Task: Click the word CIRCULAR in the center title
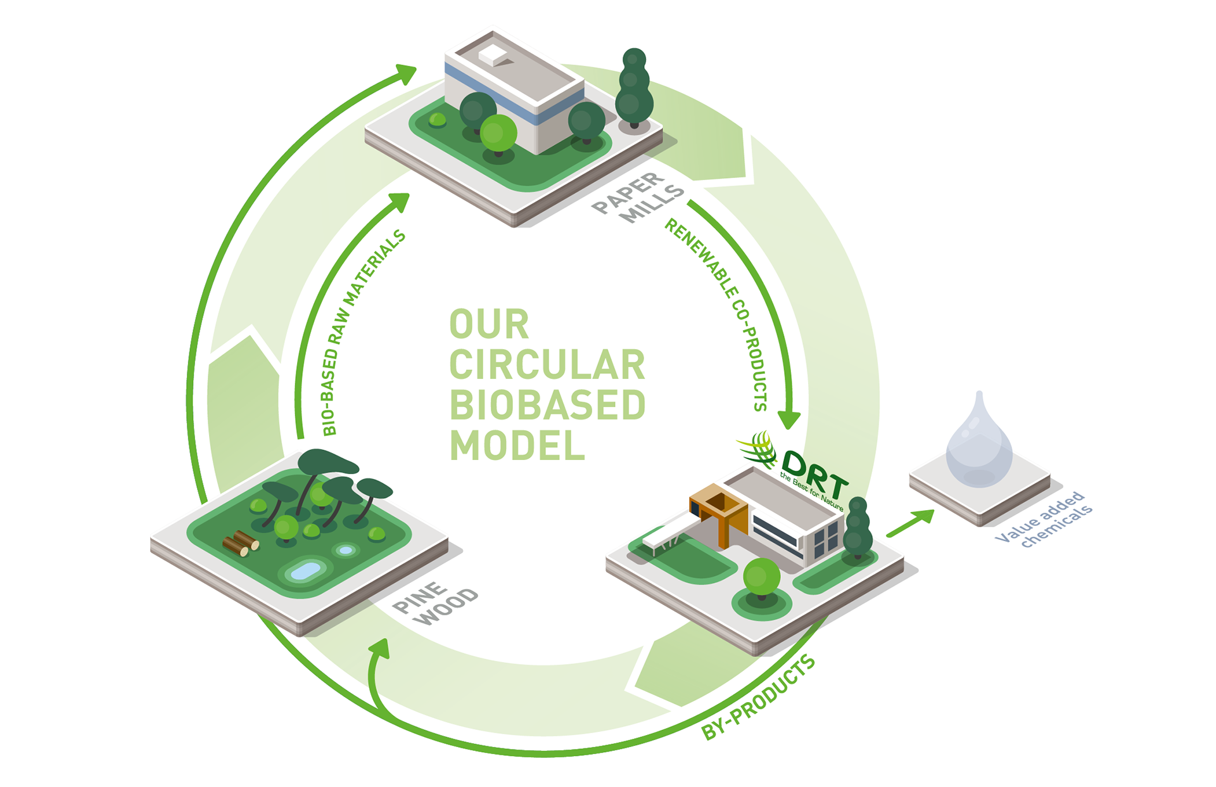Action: point(547,365)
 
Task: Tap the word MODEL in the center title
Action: point(517,446)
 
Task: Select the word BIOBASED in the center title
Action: point(547,406)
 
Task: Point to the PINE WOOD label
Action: point(436,603)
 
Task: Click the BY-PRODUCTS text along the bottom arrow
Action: point(759,698)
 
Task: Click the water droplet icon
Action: point(978,444)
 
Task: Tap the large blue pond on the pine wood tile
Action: point(306,571)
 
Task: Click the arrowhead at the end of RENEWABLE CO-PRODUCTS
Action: point(788,419)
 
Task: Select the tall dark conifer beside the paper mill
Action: point(634,89)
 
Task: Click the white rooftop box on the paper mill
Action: point(493,54)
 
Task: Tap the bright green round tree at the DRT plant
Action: point(761,577)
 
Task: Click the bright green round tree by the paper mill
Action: point(498,133)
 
